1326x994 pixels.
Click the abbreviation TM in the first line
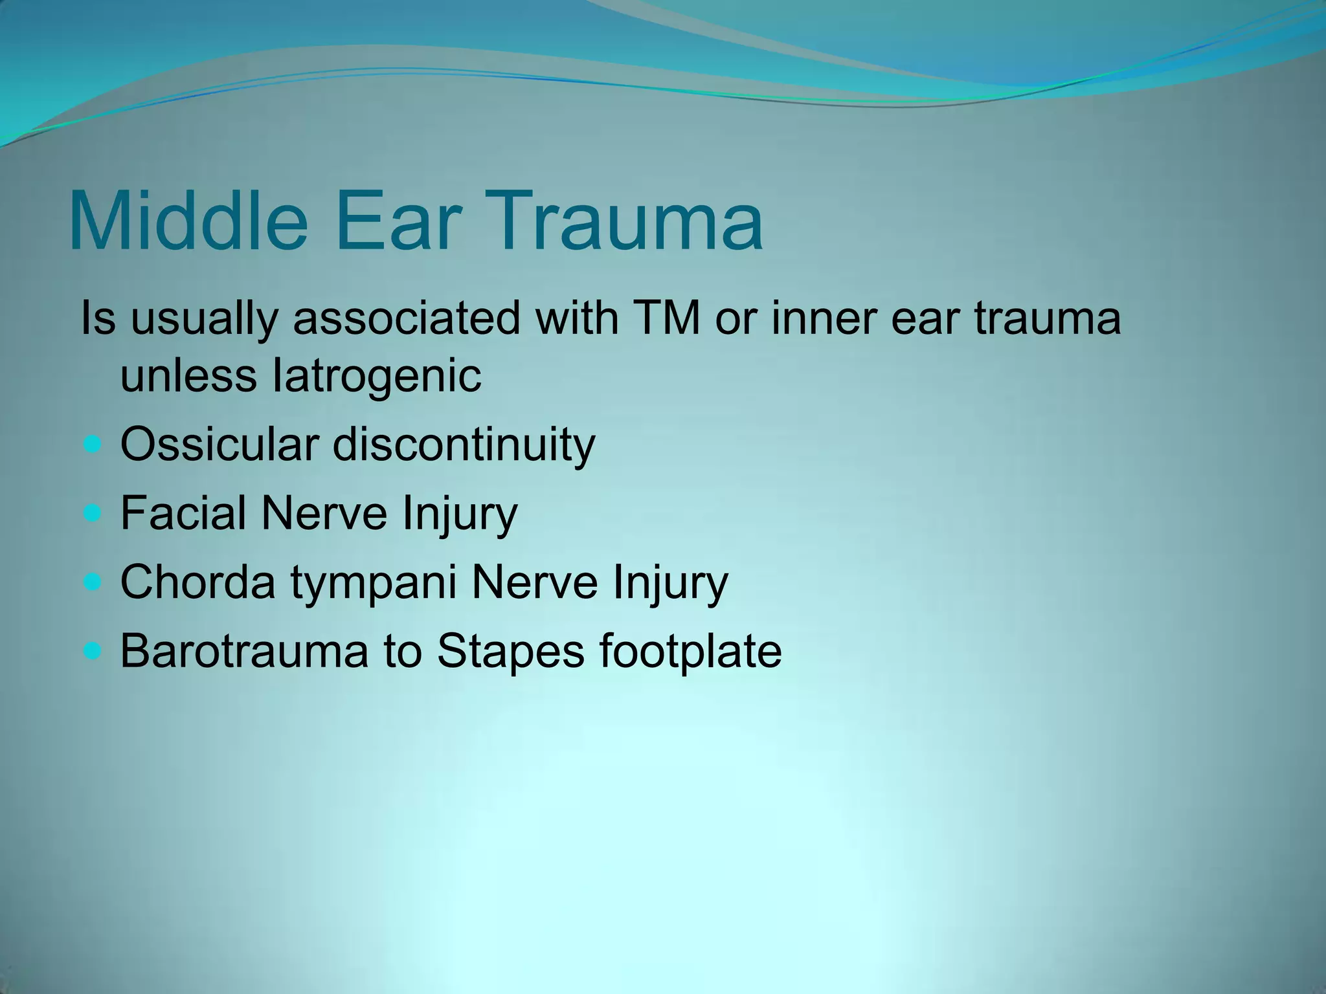(667, 318)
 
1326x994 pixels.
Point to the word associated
(407, 318)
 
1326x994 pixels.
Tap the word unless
(188, 376)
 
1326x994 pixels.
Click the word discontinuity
(464, 445)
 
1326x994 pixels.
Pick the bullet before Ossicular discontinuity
(93, 445)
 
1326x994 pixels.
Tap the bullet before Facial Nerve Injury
(93, 513)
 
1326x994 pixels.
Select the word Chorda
(197, 582)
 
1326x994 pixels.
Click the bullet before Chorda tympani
(93, 582)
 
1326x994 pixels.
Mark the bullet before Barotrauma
(93, 650)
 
